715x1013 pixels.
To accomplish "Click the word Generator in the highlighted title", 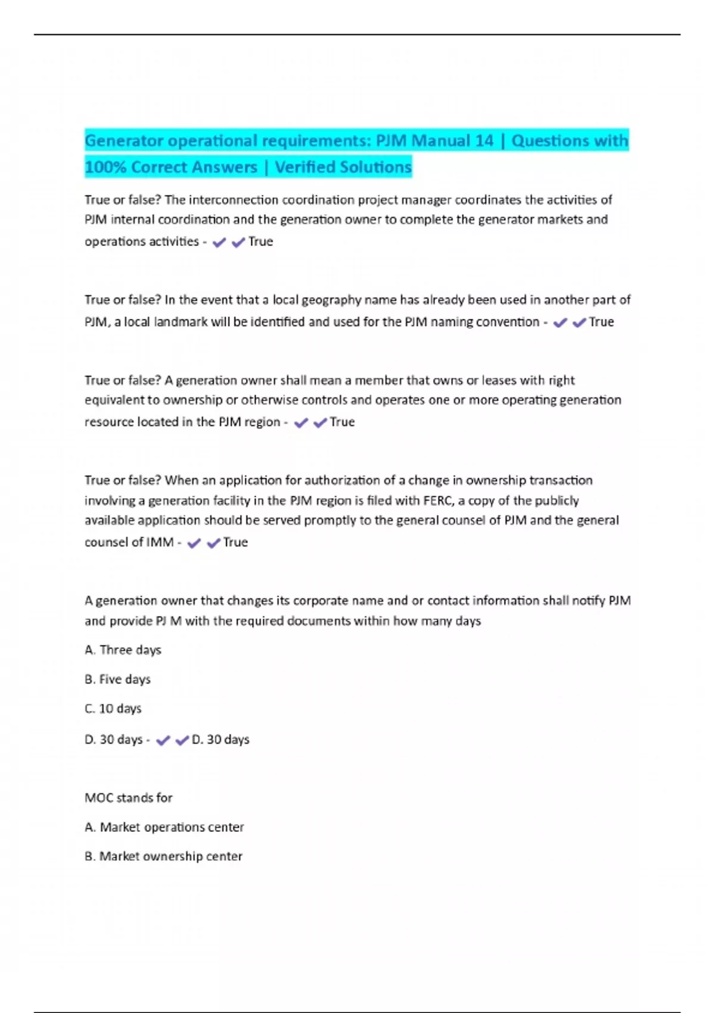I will click(124, 141).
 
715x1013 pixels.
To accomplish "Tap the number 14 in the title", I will click(484, 141).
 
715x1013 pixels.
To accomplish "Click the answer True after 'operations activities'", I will click(260, 241).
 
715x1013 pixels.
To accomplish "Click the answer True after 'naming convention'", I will click(601, 322).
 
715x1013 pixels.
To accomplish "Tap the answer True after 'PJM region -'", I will click(342, 422).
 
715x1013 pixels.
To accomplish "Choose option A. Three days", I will click(123, 650).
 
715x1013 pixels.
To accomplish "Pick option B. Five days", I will click(117, 679).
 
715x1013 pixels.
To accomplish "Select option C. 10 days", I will click(113, 709).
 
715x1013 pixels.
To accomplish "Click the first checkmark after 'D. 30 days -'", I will click(163, 740).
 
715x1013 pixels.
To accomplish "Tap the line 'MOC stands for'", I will click(128, 798).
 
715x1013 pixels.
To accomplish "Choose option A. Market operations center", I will click(164, 827).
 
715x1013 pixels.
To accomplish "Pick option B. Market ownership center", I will click(163, 856).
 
